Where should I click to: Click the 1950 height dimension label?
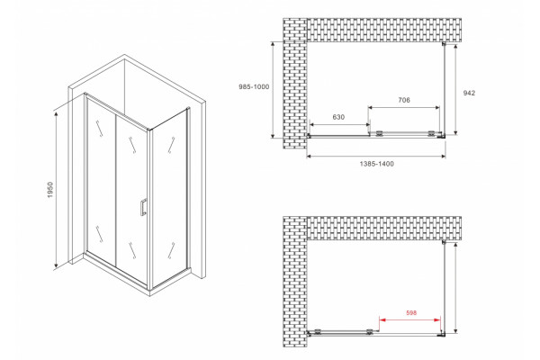click(x=50, y=190)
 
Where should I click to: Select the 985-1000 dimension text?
click(x=254, y=86)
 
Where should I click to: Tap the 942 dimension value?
click(x=469, y=93)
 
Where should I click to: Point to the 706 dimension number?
click(x=404, y=100)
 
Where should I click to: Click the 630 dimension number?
click(x=338, y=117)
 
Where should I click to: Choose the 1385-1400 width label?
click(x=377, y=164)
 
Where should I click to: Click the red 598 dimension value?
click(x=411, y=313)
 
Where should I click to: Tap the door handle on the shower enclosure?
click(x=143, y=207)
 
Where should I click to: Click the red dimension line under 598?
click(x=409, y=320)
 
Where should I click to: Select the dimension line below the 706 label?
click(x=403, y=107)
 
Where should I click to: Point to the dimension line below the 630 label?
click(x=339, y=125)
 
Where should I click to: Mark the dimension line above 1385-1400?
click(x=376, y=157)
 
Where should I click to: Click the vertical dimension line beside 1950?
click(x=56, y=190)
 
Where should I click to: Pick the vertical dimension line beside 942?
click(x=455, y=90)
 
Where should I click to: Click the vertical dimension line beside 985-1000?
click(x=273, y=90)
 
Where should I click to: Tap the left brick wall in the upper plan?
click(x=295, y=84)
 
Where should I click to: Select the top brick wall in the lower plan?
click(x=384, y=228)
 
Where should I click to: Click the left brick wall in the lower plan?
click(x=295, y=282)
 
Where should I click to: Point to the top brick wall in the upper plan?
click(x=384, y=30)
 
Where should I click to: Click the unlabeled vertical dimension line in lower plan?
click(x=455, y=288)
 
